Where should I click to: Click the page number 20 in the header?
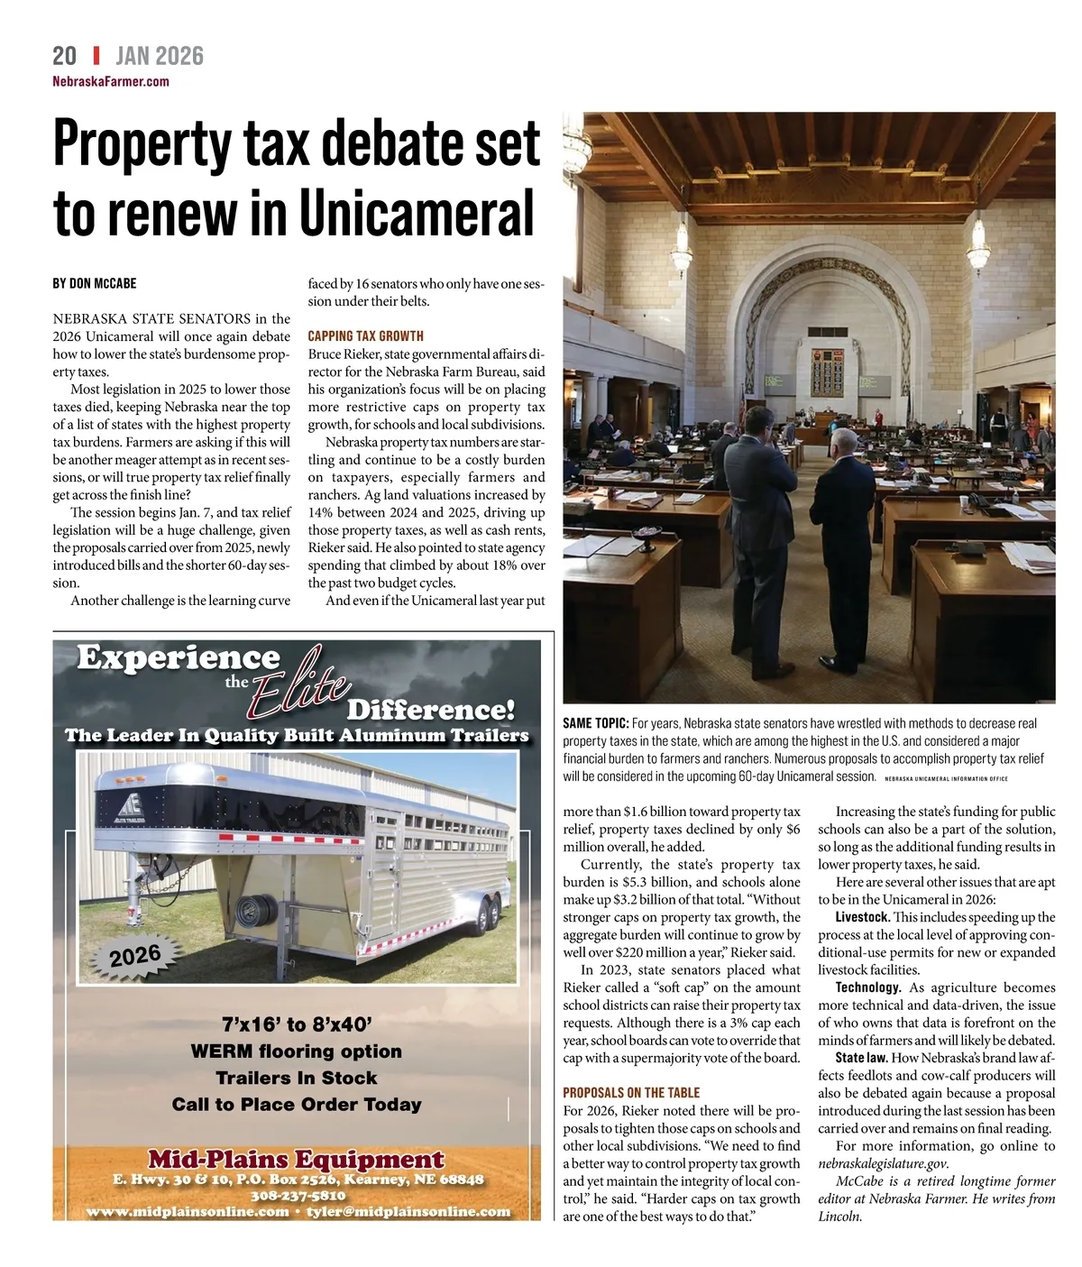[x=64, y=56]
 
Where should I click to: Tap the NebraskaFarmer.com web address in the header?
[x=111, y=81]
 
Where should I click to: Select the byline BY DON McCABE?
[x=95, y=283]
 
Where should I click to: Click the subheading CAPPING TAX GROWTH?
[x=365, y=335]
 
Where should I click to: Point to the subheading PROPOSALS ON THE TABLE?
[x=631, y=1092]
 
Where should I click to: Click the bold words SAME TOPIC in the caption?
[x=595, y=723]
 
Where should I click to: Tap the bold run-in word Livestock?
[x=862, y=917]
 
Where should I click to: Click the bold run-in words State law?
[x=862, y=1058]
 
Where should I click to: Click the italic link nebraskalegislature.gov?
[x=883, y=1163]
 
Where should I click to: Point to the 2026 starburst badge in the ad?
[x=135, y=955]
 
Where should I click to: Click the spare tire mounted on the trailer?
[x=255, y=912]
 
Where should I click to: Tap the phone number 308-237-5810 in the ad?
[x=298, y=1196]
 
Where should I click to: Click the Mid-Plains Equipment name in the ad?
[x=297, y=1159]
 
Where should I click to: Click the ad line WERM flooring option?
[x=297, y=1051]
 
